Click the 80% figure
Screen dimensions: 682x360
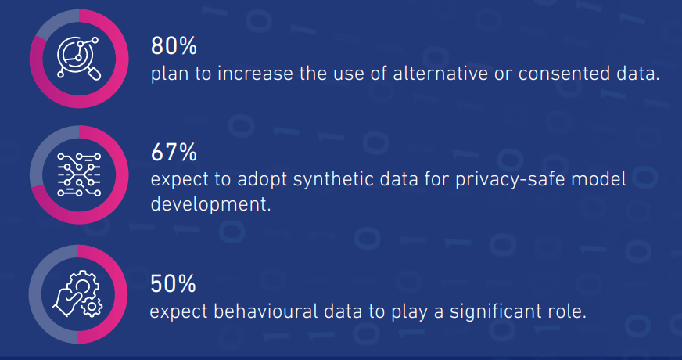pos(174,45)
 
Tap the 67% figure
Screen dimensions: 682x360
pos(174,153)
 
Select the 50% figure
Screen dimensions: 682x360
pos(173,283)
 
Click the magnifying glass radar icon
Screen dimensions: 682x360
pos(79,59)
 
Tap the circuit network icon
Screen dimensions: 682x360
pos(79,175)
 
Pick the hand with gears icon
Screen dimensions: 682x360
pos(78,293)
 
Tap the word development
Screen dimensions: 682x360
pos(210,203)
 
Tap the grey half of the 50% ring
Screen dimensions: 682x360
pos(35,293)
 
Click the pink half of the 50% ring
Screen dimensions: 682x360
pos(121,293)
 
